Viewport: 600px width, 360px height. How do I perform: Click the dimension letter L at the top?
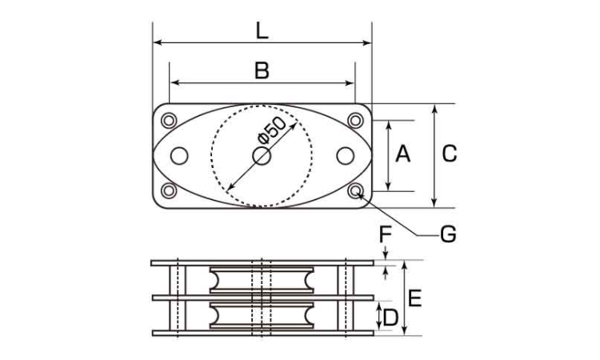[x=262, y=31]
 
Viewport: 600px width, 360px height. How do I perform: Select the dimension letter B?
[x=262, y=70]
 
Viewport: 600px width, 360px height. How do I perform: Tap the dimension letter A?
[x=403, y=154]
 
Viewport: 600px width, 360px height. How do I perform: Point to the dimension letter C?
[x=450, y=154]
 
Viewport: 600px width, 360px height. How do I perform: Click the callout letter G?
[x=449, y=234]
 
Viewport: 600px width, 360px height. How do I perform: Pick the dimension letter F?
[x=386, y=234]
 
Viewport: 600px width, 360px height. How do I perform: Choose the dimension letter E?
[x=414, y=298]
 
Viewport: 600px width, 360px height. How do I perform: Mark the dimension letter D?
[x=390, y=318]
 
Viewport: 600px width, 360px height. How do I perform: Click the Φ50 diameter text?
[x=272, y=130]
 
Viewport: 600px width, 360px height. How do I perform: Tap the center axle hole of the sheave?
[x=262, y=156]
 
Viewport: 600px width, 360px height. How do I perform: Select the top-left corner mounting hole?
[x=169, y=121]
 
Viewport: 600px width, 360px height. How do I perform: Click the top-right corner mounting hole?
[x=355, y=121]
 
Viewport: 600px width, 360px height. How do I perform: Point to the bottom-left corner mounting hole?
[x=169, y=191]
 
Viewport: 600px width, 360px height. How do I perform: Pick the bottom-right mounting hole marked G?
[x=355, y=191]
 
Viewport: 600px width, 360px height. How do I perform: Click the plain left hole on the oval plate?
[x=179, y=156]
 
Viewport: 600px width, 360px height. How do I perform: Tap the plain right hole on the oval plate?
[x=345, y=156]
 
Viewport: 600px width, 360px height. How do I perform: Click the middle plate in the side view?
[x=263, y=298]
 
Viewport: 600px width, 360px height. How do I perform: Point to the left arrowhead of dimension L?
[x=157, y=42]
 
